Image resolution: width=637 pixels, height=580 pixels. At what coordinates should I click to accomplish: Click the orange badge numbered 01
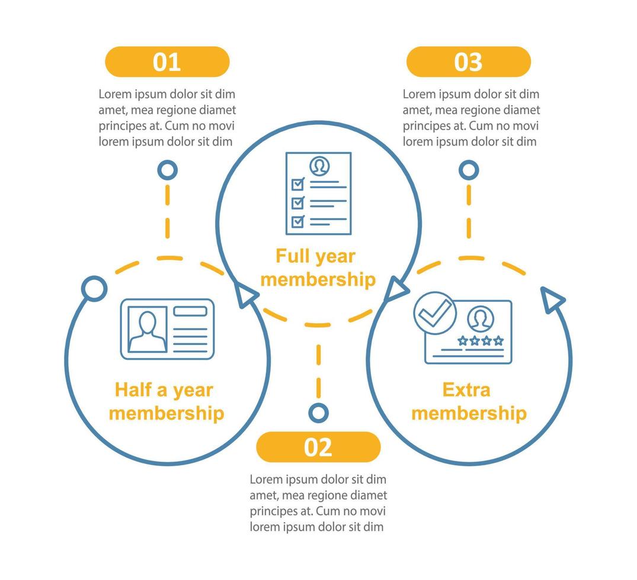point(167,62)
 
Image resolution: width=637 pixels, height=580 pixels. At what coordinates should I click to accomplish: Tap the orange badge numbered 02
point(319,447)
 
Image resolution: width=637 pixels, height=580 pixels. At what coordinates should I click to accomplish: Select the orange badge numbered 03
point(469,62)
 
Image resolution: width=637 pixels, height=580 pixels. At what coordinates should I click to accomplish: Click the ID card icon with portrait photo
point(167,329)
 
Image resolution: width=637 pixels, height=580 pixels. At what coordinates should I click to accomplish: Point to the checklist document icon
point(319,193)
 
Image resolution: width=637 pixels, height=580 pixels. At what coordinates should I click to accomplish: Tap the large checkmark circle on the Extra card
point(435,313)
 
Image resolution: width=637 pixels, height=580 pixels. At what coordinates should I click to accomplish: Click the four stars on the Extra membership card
point(481,340)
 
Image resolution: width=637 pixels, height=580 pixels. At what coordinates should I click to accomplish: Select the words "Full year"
point(316,256)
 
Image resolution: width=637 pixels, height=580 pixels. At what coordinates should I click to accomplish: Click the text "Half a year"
point(164,390)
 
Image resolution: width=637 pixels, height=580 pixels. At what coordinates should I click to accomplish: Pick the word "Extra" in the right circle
point(466,389)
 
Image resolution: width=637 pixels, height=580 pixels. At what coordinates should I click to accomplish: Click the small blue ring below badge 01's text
point(167,170)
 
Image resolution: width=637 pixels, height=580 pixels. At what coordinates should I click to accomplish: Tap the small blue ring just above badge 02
point(319,413)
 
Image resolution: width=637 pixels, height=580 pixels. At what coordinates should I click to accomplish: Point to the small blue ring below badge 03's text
point(469,170)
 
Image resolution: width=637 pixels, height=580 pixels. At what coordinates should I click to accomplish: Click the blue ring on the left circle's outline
point(94,289)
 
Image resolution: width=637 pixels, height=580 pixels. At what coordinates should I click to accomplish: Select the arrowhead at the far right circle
point(551,299)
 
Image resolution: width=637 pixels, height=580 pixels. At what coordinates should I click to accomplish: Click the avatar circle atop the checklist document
point(320,166)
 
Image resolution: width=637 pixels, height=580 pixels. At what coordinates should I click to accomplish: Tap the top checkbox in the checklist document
point(298,184)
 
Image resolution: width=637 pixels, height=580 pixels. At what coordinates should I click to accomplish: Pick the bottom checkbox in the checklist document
point(298,221)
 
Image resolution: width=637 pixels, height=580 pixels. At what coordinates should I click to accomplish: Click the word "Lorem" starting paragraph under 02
point(265,479)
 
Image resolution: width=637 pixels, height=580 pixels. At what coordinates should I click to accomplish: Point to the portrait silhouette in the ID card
point(147,331)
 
